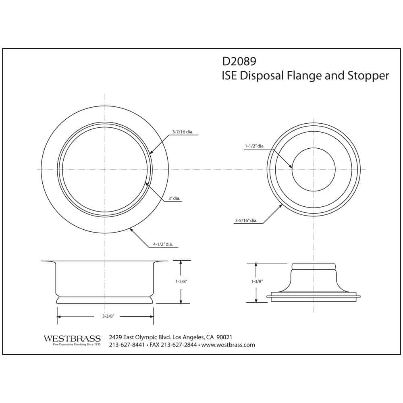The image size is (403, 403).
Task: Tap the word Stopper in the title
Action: [368, 76]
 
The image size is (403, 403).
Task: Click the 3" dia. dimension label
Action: [174, 199]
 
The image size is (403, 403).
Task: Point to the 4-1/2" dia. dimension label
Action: [165, 244]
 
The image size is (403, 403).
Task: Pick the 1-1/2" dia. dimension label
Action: [254, 146]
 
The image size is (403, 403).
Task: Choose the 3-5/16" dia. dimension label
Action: [246, 220]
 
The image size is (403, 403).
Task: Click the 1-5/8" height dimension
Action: [181, 282]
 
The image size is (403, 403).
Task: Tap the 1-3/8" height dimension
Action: [256, 282]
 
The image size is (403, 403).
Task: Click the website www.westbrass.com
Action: [228, 345]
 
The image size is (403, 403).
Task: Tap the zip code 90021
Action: [224, 337]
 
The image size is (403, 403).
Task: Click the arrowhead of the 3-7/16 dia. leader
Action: [151, 152]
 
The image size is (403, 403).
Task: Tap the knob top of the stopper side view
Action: [314, 266]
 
